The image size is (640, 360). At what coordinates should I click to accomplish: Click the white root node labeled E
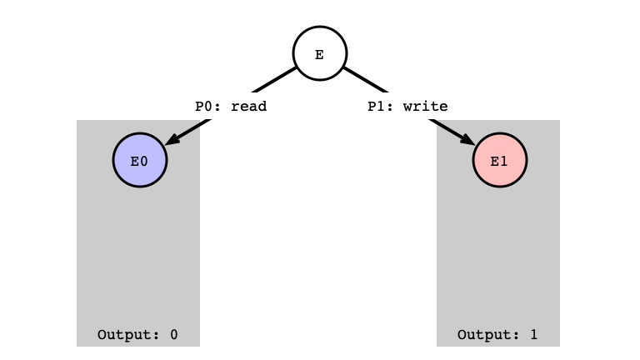320,53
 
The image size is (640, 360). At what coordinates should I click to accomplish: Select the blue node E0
140,160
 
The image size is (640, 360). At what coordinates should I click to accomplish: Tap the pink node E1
500,160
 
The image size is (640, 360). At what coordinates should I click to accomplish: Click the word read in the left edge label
248,107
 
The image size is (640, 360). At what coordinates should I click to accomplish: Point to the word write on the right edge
425,107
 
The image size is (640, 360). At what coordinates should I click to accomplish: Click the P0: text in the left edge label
207,107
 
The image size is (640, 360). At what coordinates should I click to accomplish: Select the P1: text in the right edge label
380,107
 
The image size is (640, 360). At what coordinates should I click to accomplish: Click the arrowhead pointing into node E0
172,138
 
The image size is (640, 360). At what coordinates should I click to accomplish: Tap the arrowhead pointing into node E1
467,138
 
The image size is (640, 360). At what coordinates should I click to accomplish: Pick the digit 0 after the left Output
174,335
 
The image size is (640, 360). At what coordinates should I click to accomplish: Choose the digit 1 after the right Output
534,335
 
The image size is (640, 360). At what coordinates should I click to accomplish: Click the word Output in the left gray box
124,335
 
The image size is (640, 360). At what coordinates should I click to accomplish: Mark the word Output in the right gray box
484,335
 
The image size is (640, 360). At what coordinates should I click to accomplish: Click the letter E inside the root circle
320,55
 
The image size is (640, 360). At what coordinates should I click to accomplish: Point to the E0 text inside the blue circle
139,162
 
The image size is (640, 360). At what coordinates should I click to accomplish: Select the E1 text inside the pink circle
499,162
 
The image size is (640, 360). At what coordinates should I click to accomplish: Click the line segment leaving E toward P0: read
274,80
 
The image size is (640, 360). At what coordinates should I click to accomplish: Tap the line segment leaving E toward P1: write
366,80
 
